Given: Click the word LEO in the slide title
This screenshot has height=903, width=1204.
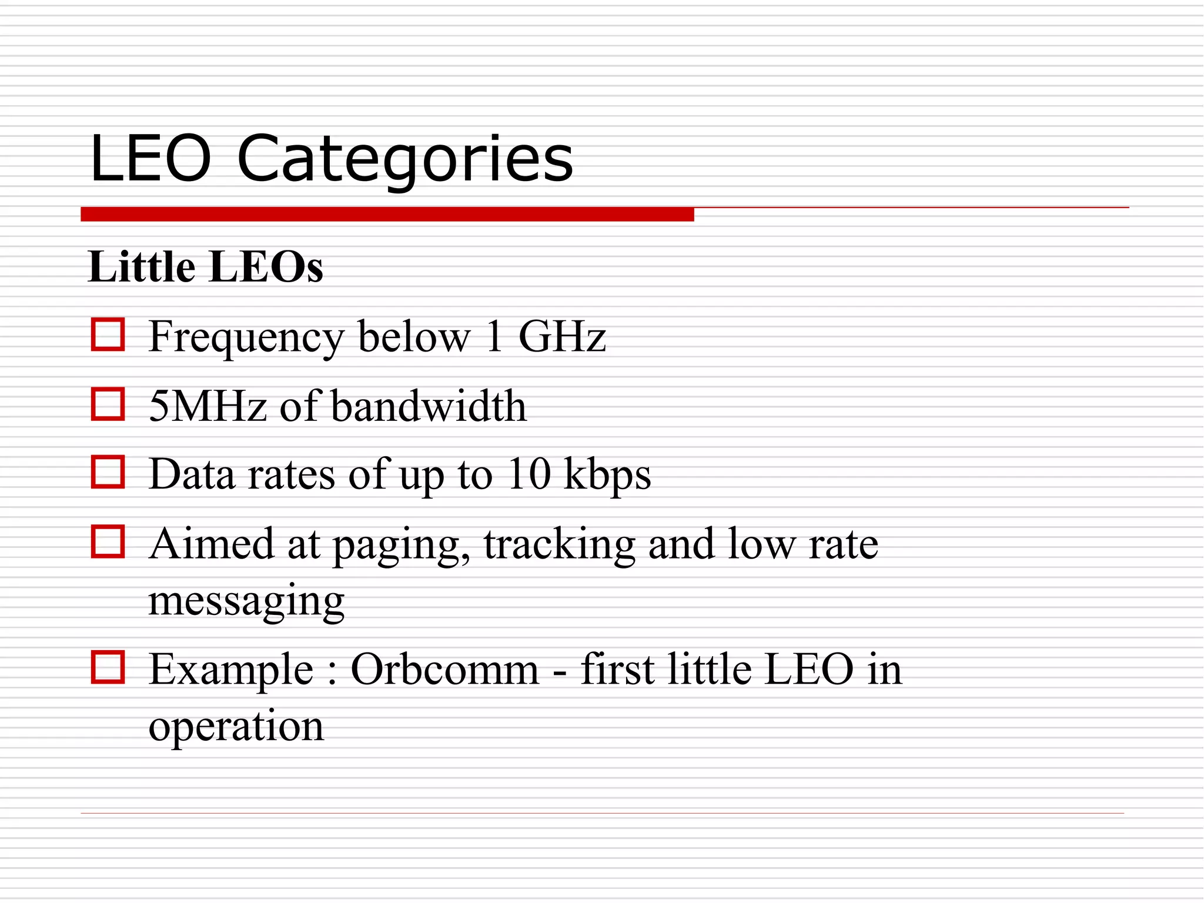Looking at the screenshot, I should click(150, 159).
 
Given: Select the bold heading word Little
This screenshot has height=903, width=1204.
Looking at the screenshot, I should click(141, 267).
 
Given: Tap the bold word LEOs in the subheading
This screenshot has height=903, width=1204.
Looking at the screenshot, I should click(266, 267).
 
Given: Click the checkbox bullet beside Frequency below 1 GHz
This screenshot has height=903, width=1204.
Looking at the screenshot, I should click(108, 335).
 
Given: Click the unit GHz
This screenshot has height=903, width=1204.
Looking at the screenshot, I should click(561, 336).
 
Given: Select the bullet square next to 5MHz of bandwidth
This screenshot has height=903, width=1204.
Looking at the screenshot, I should click(108, 404).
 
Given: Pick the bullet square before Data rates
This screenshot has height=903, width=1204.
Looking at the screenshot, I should click(108, 472).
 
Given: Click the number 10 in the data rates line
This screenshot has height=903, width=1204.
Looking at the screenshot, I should click(529, 474).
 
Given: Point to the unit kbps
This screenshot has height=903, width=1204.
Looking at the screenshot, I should click(607, 475).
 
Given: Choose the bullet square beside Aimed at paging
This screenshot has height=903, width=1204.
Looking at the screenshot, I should click(108, 541).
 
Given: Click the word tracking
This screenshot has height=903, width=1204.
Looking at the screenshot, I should click(559, 544).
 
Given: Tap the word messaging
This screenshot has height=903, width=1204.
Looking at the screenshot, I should click(246, 602).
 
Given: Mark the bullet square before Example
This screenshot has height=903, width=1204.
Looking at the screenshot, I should click(108, 667).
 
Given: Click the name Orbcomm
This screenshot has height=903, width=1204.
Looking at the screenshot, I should click(444, 669).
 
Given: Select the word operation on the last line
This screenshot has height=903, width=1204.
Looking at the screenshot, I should click(236, 727).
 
